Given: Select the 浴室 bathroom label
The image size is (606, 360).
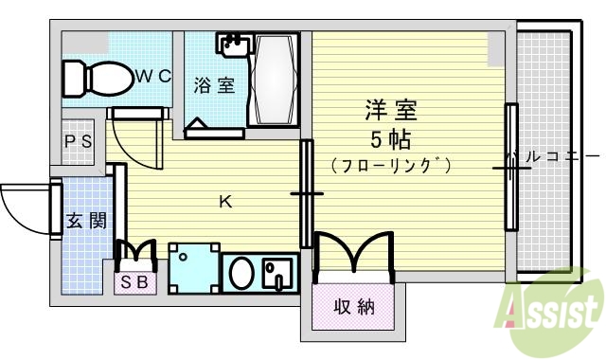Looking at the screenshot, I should click(214, 84).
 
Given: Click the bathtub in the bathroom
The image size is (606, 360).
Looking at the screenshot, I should click(274, 81).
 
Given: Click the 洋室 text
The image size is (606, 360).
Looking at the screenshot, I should click(389, 109).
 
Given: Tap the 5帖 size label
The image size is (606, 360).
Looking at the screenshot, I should click(389, 140).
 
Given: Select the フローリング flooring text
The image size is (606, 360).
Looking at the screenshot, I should click(391, 165).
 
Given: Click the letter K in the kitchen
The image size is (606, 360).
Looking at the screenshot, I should click(225, 200).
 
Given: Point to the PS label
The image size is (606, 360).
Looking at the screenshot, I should click(78, 141).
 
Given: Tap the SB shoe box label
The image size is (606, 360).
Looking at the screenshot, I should click(134, 281).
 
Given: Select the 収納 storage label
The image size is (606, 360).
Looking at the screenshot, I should click(353, 306).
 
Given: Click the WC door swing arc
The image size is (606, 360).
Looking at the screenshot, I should click(131, 132).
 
